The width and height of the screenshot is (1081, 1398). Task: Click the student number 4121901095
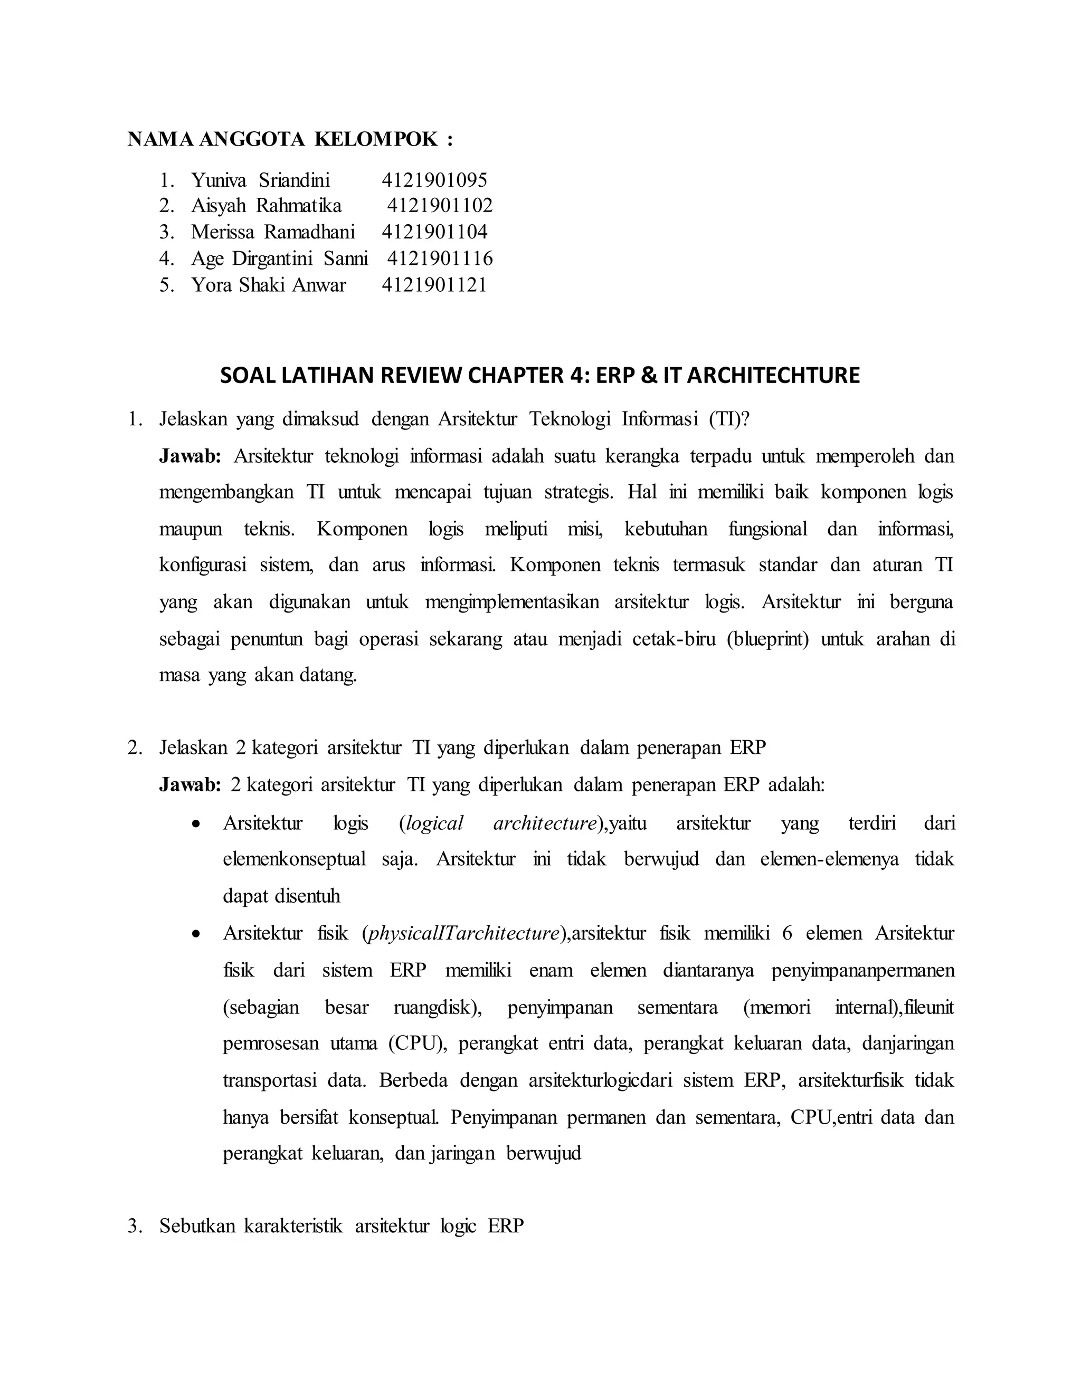pos(434,180)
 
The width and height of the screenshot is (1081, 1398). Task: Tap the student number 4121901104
pos(434,232)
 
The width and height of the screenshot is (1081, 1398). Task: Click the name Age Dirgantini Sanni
pos(279,258)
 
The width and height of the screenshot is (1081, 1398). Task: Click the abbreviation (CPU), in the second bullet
pos(418,1043)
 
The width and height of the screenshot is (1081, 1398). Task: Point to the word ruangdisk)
pos(438,1007)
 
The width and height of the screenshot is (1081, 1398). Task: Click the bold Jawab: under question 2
pos(190,785)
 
